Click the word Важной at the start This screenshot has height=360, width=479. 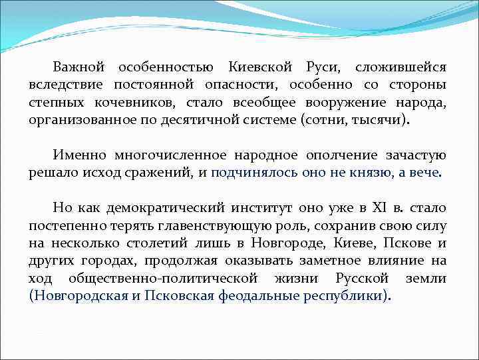click(x=79, y=68)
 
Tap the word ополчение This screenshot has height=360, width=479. click(x=341, y=155)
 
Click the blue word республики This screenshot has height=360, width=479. click(x=347, y=295)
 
